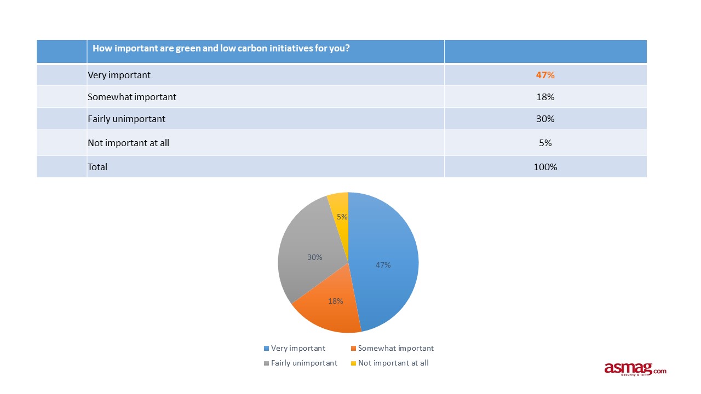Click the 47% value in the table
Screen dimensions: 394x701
545,75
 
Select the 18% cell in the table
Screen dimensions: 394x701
545,97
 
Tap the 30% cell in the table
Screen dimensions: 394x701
545,119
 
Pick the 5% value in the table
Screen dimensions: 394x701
545,143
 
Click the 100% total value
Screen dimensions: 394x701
545,167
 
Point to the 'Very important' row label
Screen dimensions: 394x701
119,75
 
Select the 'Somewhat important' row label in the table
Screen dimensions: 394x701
132,97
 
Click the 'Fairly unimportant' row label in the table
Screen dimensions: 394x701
127,119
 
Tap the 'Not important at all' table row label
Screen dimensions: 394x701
129,143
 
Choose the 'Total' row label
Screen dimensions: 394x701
97,167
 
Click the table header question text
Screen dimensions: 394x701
221,48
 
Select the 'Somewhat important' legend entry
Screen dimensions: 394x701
392,348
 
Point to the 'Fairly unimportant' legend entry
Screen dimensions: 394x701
301,363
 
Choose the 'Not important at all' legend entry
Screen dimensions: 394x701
389,363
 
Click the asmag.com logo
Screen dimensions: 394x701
635,369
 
